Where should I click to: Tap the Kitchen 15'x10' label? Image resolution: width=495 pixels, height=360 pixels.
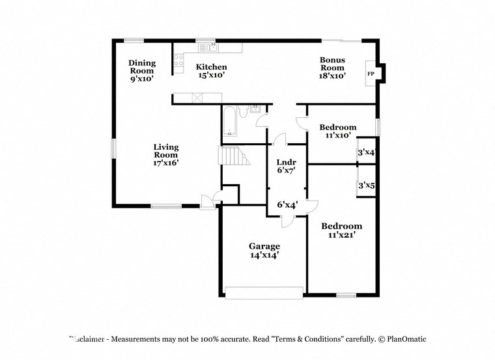(212, 71)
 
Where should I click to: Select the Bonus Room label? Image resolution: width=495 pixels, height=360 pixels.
(332, 68)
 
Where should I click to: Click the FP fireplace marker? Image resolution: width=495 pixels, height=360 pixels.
(371, 74)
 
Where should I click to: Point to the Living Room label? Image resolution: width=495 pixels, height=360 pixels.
(165, 155)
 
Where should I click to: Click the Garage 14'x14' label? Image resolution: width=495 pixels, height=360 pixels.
(264, 251)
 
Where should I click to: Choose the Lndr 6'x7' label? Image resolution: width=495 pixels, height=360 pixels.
(287, 167)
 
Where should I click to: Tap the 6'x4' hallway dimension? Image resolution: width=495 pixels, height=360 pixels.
(287, 204)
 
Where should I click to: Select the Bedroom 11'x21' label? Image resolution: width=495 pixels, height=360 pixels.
(341, 231)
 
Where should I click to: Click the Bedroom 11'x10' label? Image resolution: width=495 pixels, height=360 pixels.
(337, 131)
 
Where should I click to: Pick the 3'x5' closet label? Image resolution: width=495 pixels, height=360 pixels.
(367, 186)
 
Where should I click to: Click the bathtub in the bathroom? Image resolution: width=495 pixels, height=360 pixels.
(230, 122)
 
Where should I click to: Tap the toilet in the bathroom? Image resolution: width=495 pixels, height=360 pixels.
(243, 112)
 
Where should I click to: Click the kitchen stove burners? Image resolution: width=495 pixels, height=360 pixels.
(178, 61)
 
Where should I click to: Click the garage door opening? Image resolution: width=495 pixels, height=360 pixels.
(264, 292)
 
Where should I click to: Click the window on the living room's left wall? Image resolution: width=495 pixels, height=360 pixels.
(113, 148)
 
